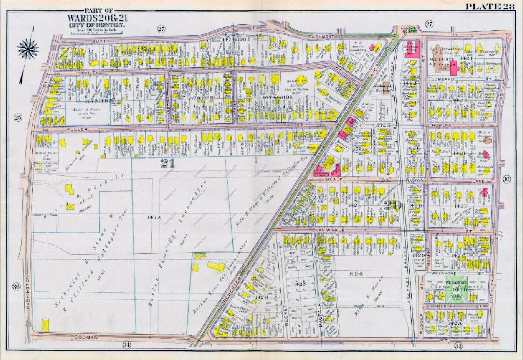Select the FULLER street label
[77, 129]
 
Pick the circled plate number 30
[507, 179]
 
